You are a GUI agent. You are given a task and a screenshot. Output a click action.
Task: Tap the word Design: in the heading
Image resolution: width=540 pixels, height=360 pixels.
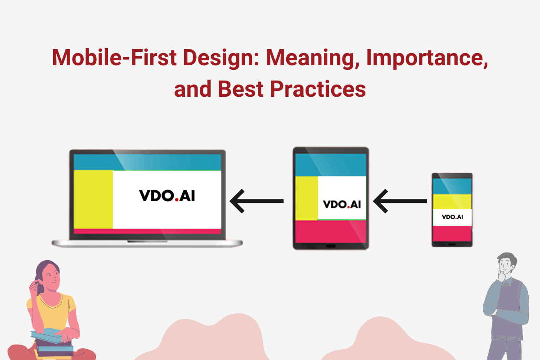point(221,58)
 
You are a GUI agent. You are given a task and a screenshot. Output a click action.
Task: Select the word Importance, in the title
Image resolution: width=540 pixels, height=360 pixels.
point(427,58)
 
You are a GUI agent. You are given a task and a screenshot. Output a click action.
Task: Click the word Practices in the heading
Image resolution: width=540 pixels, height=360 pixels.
point(318,89)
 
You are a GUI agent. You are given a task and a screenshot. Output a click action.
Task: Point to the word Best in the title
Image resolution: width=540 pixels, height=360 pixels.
point(240,89)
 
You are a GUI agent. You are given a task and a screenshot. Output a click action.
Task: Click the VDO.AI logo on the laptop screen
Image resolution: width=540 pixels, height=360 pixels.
point(167,196)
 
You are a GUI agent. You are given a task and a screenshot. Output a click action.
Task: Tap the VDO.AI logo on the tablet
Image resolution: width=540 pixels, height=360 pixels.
point(342,204)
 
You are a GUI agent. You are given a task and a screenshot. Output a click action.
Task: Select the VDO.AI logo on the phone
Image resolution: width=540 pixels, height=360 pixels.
point(452,217)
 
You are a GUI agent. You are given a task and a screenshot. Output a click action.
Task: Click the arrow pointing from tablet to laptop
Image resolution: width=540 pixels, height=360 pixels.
point(257,201)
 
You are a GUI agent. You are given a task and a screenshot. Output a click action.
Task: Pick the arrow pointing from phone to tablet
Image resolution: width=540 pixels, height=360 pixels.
point(400,201)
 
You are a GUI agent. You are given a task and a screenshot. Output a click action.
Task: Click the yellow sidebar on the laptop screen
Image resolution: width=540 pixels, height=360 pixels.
point(93,199)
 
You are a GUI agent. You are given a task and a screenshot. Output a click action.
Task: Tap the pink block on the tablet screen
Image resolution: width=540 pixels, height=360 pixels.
point(331,231)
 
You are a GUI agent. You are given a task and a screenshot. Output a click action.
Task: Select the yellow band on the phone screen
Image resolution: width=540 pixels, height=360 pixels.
point(452,202)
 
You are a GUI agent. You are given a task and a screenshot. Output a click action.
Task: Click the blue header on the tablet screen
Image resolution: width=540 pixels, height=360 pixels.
point(331,165)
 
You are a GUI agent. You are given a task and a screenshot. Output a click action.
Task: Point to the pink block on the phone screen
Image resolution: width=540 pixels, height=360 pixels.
point(452,234)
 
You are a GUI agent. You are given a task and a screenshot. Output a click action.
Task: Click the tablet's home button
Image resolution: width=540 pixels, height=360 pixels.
point(331,246)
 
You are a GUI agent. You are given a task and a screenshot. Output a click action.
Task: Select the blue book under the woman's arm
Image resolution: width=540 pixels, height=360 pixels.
point(47,335)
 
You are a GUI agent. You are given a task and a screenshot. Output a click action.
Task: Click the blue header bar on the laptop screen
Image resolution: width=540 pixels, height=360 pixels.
point(147,162)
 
